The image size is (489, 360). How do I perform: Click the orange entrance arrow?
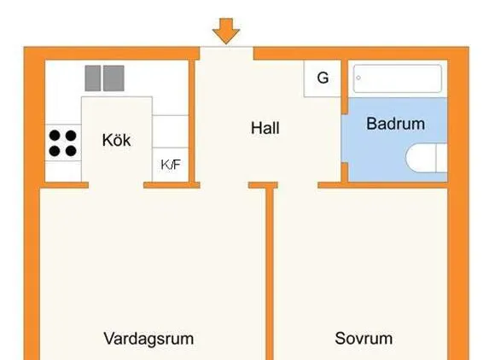[x=226, y=31]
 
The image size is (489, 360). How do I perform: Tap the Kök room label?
[x=116, y=140]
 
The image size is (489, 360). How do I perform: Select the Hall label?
[x=265, y=128]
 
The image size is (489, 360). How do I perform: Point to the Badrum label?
[x=395, y=124]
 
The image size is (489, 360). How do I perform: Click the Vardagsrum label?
[x=148, y=339]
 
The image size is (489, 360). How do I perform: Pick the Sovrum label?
[x=364, y=338]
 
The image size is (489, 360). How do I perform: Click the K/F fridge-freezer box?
[x=171, y=165]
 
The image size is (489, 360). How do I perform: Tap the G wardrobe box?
[x=323, y=78]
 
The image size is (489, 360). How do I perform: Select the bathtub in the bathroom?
[x=398, y=78]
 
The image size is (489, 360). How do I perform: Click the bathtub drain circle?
[x=358, y=78]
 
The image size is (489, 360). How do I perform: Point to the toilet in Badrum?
[x=427, y=158]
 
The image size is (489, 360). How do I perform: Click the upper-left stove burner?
[x=55, y=136]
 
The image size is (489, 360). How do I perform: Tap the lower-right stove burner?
[x=71, y=151]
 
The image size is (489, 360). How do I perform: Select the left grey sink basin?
[x=93, y=78]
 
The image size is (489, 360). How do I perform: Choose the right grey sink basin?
[x=114, y=78]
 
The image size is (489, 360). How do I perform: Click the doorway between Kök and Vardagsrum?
[x=116, y=185]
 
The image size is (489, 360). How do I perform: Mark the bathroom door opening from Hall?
[x=345, y=138]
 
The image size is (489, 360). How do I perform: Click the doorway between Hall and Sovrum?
[x=298, y=185]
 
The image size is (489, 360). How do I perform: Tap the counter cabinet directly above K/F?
[x=171, y=131]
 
